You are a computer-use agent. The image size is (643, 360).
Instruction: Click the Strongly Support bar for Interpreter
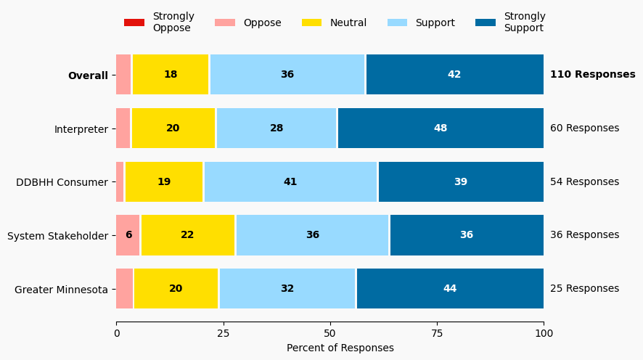pos(441,128)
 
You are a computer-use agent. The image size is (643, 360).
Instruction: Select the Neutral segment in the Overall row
pos(171,75)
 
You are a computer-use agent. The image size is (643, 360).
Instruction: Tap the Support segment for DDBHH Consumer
pos(290,182)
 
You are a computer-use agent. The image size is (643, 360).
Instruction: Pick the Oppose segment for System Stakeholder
pos(128,235)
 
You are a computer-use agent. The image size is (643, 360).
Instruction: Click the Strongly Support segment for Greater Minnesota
pos(450,289)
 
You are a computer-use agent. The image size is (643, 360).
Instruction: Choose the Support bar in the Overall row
pos(287,75)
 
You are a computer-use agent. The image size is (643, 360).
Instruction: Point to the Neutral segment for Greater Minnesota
pos(176,289)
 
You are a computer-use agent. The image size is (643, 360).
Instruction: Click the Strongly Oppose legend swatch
pos(134,22)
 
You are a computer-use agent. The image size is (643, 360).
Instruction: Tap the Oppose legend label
pos(262,22)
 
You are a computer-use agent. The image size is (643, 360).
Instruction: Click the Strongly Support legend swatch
pos(486,22)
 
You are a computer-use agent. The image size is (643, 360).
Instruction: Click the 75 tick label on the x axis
pos(437,333)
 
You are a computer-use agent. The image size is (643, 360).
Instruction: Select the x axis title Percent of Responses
pos(340,348)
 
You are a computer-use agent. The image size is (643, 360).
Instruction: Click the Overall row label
pos(88,75)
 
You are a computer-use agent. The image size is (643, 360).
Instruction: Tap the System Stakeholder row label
pos(57,236)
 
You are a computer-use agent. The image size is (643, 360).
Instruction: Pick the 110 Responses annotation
pos(592,75)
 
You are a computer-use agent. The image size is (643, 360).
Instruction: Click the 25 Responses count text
pos(584,289)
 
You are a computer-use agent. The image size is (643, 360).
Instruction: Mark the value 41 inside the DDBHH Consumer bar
pos(290,182)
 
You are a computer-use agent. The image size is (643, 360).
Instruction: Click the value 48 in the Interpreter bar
pos(441,128)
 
